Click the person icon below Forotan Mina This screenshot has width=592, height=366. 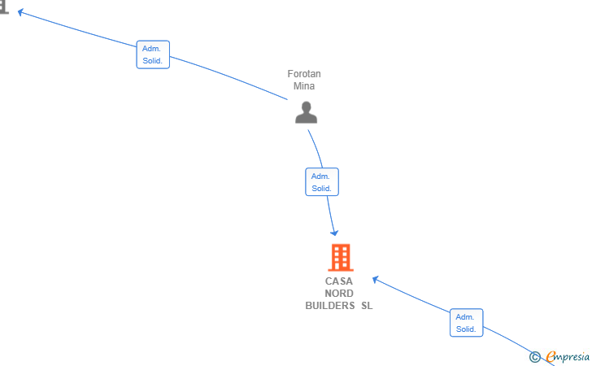click(307, 112)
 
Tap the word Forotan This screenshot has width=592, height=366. click(304, 74)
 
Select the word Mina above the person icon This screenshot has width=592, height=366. click(304, 86)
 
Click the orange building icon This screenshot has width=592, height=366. click(341, 258)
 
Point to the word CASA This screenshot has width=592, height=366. click(338, 281)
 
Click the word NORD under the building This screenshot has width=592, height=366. click(339, 294)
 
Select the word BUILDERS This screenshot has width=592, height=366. click(330, 306)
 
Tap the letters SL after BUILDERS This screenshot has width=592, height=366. click(367, 306)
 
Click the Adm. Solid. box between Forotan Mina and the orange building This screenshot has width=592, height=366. click(322, 182)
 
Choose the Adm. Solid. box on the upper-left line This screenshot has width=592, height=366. click(153, 54)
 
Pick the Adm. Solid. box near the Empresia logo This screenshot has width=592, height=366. click(466, 323)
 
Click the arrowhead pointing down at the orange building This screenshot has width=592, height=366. click(333, 233)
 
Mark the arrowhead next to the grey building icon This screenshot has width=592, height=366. click(21, 12)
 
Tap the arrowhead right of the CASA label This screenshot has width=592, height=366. click(376, 280)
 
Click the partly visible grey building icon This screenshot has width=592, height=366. click(4, 7)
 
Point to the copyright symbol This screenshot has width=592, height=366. click(534, 356)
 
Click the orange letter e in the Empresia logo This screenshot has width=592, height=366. click(551, 356)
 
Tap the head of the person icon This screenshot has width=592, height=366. click(307, 107)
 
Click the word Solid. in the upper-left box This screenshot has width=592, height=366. click(153, 61)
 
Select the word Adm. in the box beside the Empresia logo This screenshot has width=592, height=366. click(465, 317)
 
